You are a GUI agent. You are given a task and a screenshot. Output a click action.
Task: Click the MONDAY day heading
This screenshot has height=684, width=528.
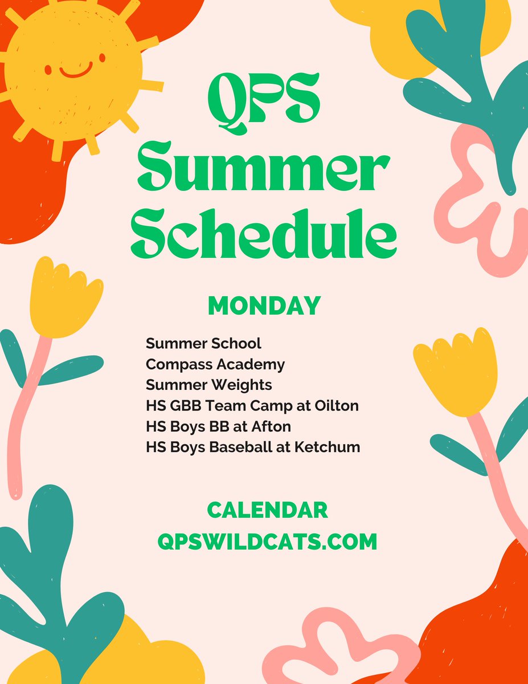click(x=264, y=306)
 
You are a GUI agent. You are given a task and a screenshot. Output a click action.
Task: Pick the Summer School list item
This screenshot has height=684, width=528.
click(x=203, y=344)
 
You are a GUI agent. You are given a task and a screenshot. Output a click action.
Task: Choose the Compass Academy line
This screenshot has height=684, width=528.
click(x=215, y=364)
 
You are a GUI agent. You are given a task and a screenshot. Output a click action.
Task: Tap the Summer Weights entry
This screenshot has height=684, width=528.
click(x=208, y=385)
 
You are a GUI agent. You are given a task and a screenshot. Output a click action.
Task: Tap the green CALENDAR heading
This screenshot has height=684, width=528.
click(x=267, y=510)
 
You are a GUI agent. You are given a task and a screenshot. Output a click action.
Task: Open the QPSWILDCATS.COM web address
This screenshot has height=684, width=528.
click(x=267, y=541)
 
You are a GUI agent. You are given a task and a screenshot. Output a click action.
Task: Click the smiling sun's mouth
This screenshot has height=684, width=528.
click(x=76, y=72)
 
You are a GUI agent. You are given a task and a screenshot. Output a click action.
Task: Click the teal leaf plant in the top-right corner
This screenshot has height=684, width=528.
click(x=467, y=74)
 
